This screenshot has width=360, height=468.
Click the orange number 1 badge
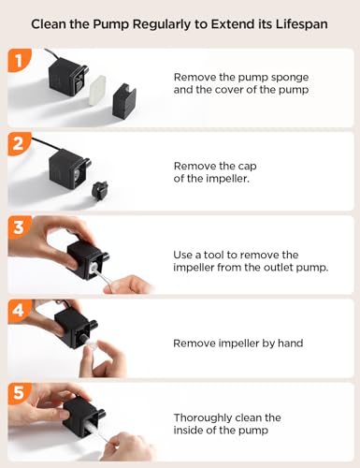pyautogui.click(x=19, y=60)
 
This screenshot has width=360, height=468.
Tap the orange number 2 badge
pyautogui.click(x=19, y=143)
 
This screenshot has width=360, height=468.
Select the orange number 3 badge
pyautogui.click(x=19, y=227)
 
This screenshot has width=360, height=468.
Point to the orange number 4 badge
pyautogui.click(x=19, y=311)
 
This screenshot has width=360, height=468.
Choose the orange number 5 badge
pyautogui.click(x=19, y=392)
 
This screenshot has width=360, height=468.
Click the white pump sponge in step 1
pyautogui.click(x=98, y=90)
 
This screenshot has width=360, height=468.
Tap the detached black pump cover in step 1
pyautogui.click(x=124, y=101)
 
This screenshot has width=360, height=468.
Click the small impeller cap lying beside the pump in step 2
pyautogui.click(x=100, y=191)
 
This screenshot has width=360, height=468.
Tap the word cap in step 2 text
pyautogui.click(x=247, y=166)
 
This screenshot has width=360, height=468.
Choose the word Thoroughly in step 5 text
pyautogui.click(x=201, y=417)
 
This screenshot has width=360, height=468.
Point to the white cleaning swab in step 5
pyautogui.click(x=94, y=428)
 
